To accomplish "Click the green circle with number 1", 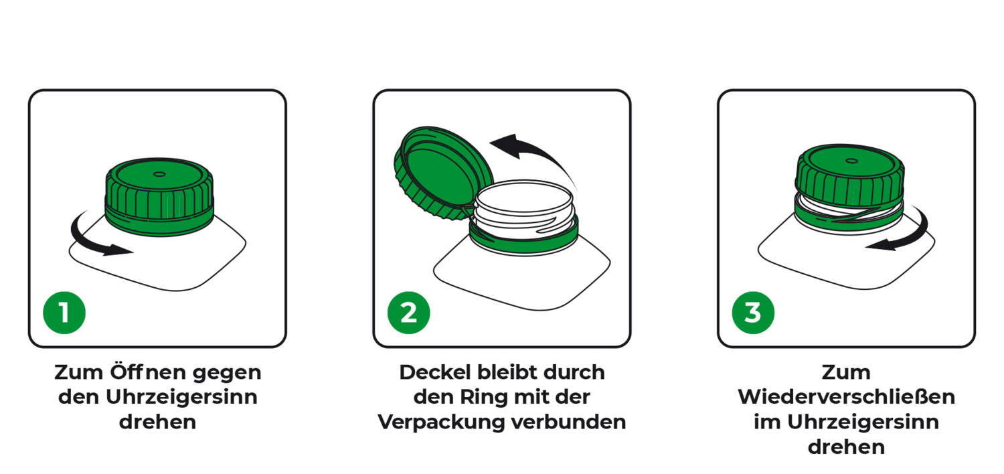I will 64,312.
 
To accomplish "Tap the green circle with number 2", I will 409,312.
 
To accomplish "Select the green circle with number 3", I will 753,312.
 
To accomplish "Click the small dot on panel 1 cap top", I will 159,174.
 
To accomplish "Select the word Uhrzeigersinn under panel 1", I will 181,397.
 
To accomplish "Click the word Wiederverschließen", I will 846,397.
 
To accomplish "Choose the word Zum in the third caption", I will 846,372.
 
